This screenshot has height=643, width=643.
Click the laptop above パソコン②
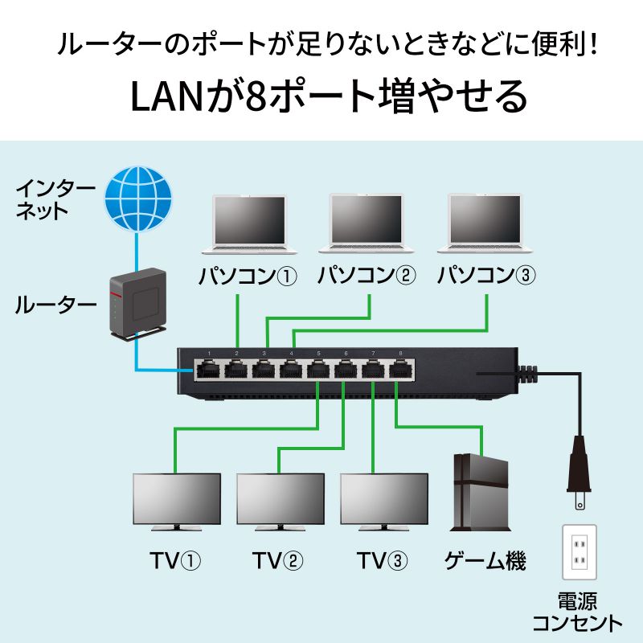click(x=366, y=225)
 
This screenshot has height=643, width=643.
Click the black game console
click(x=481, y=492)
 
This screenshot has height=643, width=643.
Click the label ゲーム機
click(x=485, y=560)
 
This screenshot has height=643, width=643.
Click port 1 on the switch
click(x=208, y=371)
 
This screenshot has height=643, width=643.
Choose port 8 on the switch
click(x=399, y=371)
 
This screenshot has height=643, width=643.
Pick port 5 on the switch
click(x=317, y=371)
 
